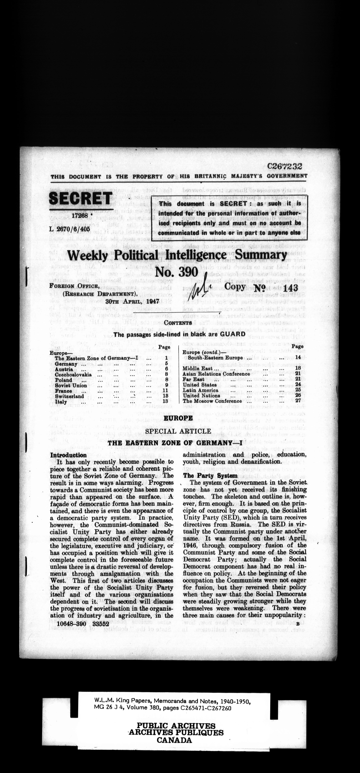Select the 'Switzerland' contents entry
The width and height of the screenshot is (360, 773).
[69, 396]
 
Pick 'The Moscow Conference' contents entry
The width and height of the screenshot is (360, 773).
[212, 401]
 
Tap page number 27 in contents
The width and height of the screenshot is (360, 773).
[298, 401]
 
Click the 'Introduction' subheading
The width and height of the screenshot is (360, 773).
[69, 455]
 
